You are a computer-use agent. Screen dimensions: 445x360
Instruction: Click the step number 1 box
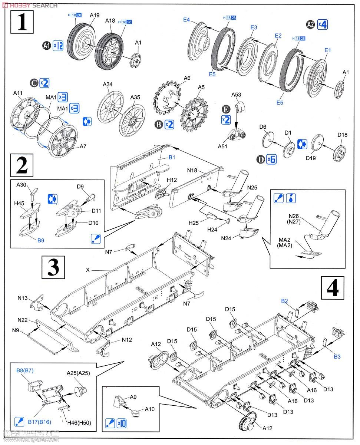22,21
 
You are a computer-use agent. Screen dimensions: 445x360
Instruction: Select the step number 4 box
332,288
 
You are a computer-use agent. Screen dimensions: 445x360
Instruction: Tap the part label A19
84,16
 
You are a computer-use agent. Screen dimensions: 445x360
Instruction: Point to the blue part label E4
186,20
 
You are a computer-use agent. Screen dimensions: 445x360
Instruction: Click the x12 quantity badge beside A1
58,46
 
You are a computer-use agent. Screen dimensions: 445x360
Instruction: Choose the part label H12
172,180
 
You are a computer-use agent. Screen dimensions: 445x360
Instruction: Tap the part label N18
192,170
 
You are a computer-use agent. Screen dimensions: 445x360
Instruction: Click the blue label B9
40,240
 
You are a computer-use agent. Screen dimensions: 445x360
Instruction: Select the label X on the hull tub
87,270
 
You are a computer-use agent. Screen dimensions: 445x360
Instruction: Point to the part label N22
23,320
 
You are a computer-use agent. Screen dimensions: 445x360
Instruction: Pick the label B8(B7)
25,370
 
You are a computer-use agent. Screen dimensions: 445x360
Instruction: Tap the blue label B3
337,357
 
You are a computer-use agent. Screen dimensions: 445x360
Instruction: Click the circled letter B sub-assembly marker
159,125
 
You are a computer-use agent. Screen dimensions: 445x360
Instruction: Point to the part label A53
236,95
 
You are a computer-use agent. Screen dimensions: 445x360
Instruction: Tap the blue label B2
284,301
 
